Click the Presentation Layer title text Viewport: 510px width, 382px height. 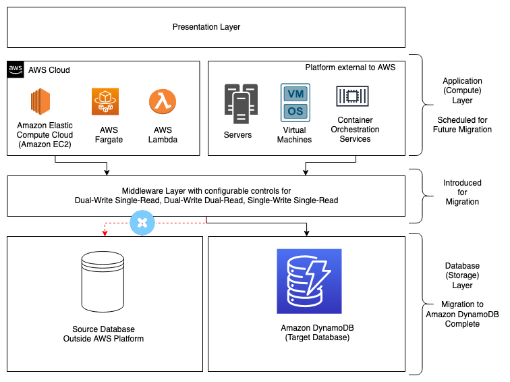[x=206, y=27]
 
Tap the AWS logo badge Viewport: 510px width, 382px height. [x=16, y=70]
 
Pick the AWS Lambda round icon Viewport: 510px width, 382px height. [x=163, y=102]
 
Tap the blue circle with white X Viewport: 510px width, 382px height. [x=142, y=222]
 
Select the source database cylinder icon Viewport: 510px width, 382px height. [x=105, y=277]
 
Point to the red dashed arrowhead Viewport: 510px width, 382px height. [x=105, y=233]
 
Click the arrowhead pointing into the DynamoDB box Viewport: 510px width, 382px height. [x=307, y=233]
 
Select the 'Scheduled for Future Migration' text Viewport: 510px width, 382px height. [x=465, y=124]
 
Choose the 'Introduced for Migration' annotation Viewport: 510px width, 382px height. [x=463, y=192]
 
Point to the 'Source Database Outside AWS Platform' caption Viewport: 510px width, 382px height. [x=105, y=334]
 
